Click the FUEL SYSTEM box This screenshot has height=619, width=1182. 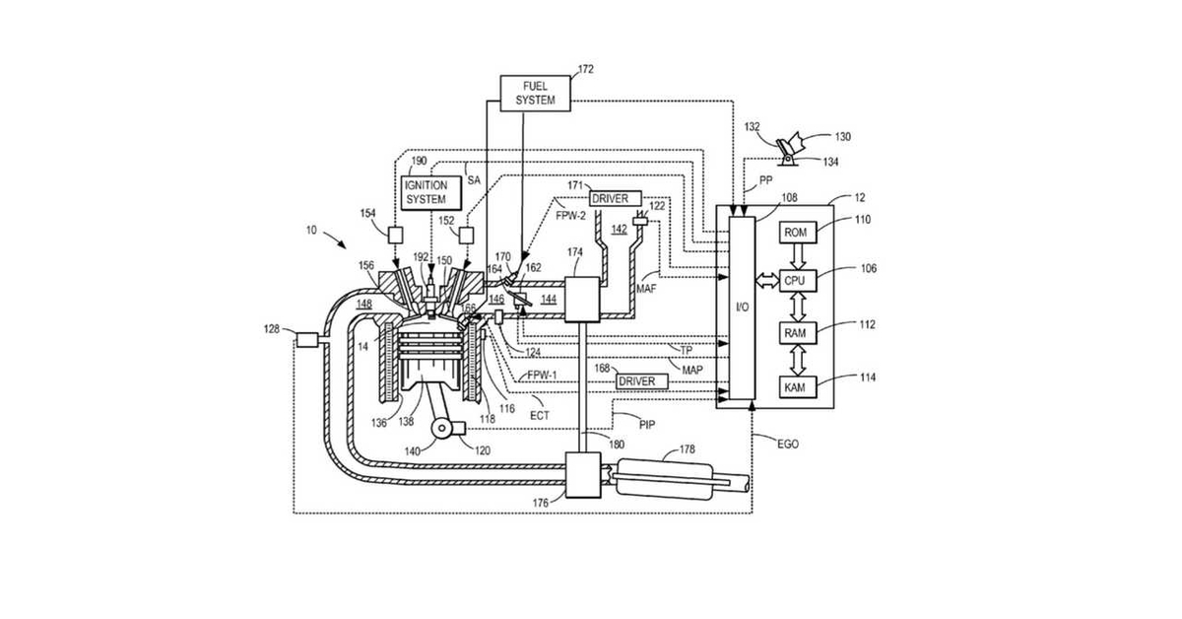pyautogui.click(x=535, y=94)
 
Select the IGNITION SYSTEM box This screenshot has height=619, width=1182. pyautogui.click(x=431, y=193)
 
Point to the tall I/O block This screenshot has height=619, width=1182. pyautogui.click(x=742, y=308)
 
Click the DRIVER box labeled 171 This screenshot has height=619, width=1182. pyautogui.click(x=616, y=198)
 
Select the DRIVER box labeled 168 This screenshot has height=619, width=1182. pyautogui.click(x=642, y=381)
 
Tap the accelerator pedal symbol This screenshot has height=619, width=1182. pyautogui.click(x=789, y=150)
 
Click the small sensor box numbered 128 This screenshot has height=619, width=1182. pyautogui.click(x=306, y=340)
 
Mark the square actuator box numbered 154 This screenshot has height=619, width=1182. pyautogui.click(x=395, y=235)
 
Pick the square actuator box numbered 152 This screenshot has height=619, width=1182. pyautogui.click(x=466, y=235)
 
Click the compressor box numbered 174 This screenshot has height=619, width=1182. pyautogui.click(x=582, y=300)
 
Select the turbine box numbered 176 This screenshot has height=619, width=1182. pyautogui.click(x=582, y=475)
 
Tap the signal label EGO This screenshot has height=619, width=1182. pyautogui.click(x=788, y=445)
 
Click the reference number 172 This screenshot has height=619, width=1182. pyautogui.click(x=586, y=69)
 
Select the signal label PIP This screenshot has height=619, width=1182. pyautogui.click(x=647, y=425)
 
